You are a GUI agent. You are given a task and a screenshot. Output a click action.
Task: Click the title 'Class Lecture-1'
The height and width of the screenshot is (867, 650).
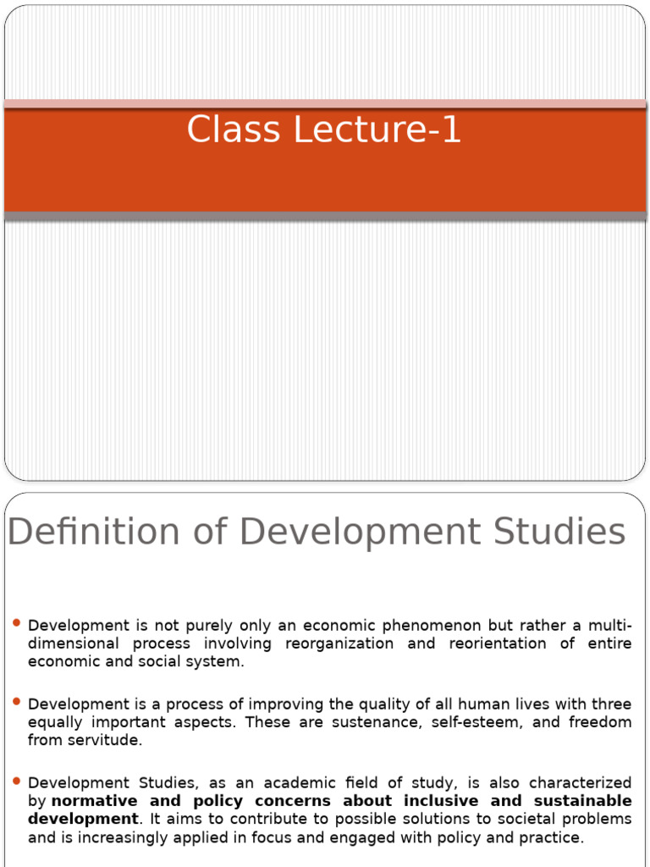(x=324, y=130)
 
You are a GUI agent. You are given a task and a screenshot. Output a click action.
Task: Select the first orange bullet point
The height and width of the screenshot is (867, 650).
(x=17, y=624)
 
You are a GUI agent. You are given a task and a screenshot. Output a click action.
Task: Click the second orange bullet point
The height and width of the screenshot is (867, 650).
(x=17, y=703)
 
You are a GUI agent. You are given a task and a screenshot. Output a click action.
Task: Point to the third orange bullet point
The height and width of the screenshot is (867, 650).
(x=17, y=781)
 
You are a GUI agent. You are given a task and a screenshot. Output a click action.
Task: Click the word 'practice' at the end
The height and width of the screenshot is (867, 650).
(x=551, y=837)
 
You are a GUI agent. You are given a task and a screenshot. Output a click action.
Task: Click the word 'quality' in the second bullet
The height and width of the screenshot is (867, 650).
(x=355, y=704)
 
